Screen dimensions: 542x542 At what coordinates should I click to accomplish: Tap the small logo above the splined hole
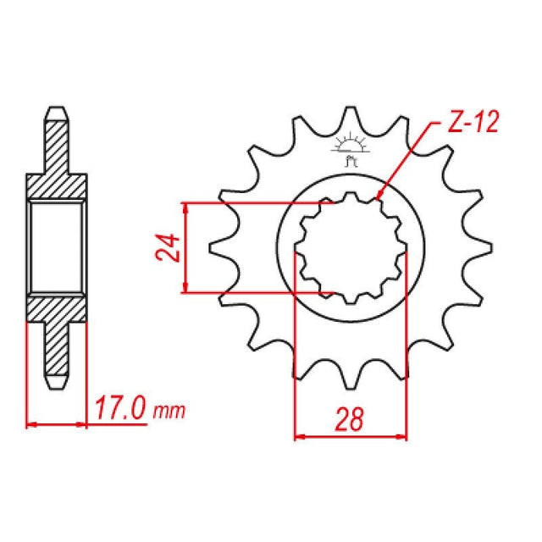click(x=350, y=147)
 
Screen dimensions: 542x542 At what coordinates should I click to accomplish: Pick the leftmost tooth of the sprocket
click(x=219, y=247)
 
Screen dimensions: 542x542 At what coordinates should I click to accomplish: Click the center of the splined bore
click(x=351, y=247)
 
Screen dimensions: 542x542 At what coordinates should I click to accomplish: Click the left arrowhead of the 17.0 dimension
click(x=31, y=423)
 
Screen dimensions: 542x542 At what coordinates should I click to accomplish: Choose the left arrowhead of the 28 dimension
click(x=298, y=437)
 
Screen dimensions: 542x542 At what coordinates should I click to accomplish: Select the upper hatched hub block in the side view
click(x=57, y=185)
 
